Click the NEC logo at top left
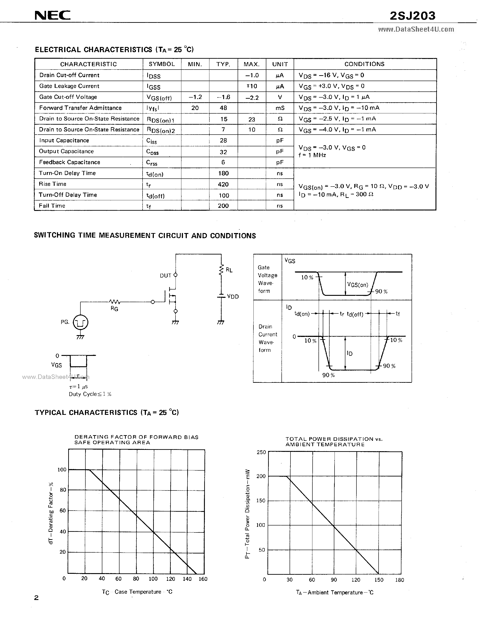point(53,16)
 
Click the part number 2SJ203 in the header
point(412,16)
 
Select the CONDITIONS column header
point(364,64)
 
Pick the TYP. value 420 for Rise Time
point(223,184)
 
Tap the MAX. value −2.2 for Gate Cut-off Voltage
point(252,98)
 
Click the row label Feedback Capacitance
point(70,162)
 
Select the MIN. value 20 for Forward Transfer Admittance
point(195,108)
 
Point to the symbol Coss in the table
point(152,152)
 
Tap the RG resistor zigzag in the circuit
point(115,302)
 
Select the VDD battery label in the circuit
point(233,296)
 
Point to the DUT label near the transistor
point(166,275)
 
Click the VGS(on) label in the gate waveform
point(358,285)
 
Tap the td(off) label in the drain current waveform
point(355,314)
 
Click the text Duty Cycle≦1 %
point(90,394)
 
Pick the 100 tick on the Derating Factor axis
point(62,469)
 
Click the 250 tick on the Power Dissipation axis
point(261,452)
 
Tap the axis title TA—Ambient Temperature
point(335,592)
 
